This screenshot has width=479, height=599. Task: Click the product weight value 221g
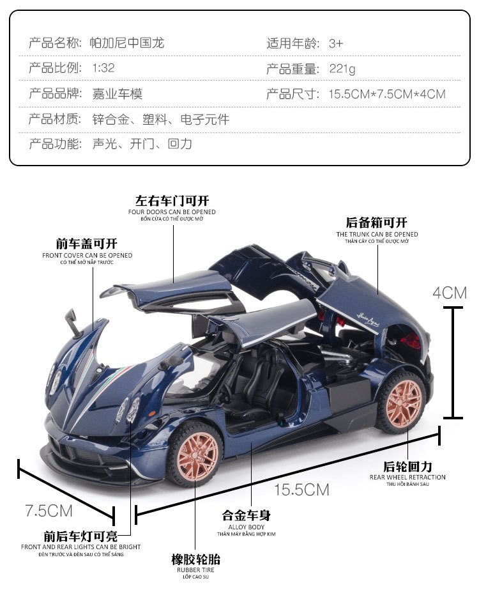point(342,69)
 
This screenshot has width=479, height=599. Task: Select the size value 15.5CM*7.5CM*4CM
point(387,94)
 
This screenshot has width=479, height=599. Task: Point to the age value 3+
point(336,43)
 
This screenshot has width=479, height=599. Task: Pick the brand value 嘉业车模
point(118,94)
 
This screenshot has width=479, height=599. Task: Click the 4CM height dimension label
point(450,293)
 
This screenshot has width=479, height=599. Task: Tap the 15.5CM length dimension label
point(301,490)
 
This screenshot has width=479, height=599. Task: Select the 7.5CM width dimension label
point(49,510)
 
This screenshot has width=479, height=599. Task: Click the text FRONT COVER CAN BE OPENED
point(87,255)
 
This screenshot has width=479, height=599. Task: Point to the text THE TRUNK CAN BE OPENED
point(377,234)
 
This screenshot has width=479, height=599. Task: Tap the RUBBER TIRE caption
point(195,570)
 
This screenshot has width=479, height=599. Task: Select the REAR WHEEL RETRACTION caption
point(407,477)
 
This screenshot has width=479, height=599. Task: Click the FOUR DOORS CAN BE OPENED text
point(172,212)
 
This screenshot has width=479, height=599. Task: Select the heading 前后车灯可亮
point(80,536)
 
